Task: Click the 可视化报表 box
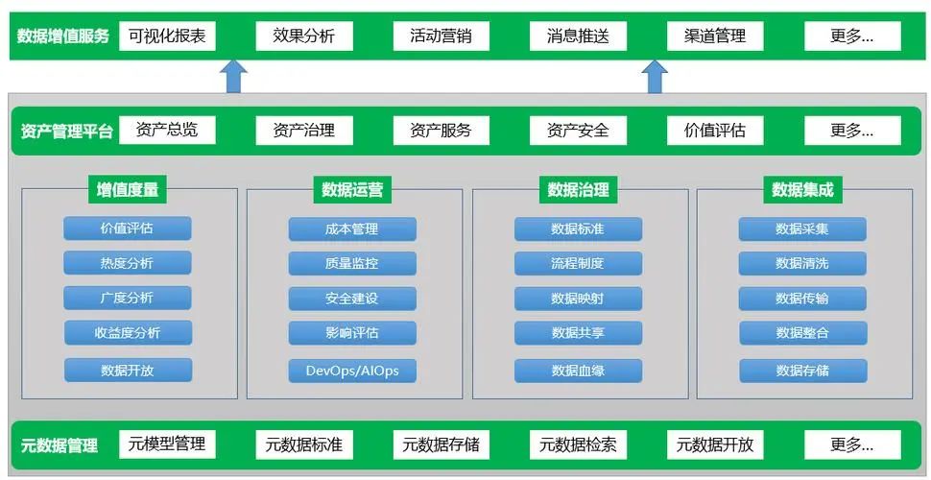(x=167, y=36)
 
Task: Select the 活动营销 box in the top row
(x=441, y=36)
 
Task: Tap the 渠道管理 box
(x=715, y=36)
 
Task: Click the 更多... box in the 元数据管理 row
(x=852, y=444)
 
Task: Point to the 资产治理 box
(x=303, y=131)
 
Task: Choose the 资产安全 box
(x=578, y=131)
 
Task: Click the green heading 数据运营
(x=352, y=189)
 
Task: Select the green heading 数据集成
(x=802, y=189)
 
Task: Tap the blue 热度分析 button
(x=128, y=263)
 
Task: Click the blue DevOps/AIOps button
(x=352, y=371)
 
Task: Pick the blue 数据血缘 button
(x=578, y=371)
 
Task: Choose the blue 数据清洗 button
(x=802, y=263)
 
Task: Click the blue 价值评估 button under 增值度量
(x=128, y=228)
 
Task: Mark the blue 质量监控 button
(x=352, y=263)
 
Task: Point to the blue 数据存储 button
(x=802, y=371)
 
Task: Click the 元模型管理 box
(x=167, y=444)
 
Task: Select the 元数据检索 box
(x=578, y=444)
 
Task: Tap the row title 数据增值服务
(x=62, y=36)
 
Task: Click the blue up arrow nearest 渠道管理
(x=655, y=77)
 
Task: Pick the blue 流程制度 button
(x=578, y=263)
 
